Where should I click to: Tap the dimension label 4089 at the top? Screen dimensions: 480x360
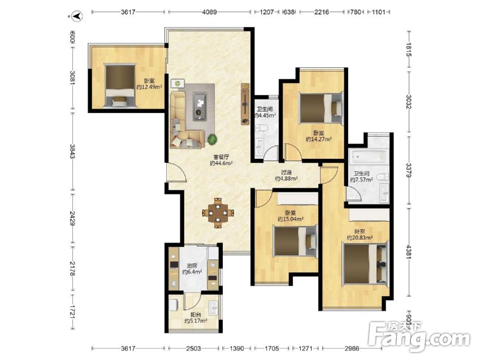pos(209,12)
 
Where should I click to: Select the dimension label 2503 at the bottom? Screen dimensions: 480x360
pos(193,348)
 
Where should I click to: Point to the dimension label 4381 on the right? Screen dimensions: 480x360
pos(409,251)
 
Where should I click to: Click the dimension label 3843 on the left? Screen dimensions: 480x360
pos(72,151)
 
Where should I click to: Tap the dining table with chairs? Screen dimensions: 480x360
pos(218,213)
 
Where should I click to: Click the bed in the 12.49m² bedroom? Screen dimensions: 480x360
pos(120,85)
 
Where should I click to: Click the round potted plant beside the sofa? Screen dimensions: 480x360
pos(213,140)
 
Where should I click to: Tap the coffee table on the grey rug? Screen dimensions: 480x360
pos(200,106)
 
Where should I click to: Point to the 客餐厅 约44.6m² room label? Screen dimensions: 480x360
pos(221,160)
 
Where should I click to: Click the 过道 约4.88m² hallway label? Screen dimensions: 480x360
pos(286,175)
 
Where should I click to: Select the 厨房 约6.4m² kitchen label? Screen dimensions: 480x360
pos(192,269)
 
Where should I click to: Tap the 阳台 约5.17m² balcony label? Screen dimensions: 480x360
pos(196,318)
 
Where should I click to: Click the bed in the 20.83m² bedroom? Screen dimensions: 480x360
pos(365,263)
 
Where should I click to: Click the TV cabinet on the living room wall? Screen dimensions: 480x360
pos(245,104)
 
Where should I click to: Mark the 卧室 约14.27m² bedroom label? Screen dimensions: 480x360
pos(319,136)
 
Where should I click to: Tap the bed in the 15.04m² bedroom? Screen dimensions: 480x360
pos(295,241)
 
